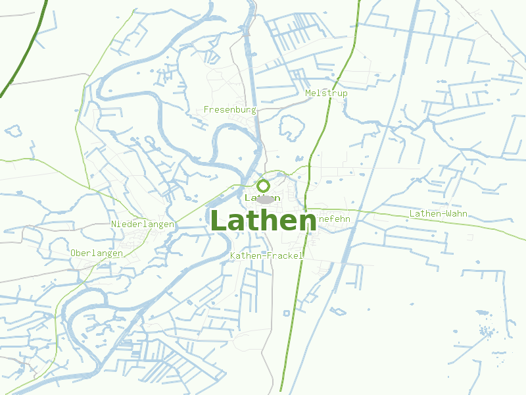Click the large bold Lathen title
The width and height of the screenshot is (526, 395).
[263, 221]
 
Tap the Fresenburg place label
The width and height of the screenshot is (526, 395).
[229, 109]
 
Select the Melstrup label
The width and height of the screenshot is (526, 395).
[326, 93]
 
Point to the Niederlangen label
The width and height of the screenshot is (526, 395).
[143, 224]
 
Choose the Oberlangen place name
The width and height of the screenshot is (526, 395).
[97, 253]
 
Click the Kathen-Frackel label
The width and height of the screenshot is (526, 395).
[267, 255]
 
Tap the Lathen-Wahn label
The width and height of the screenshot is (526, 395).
[439, 214]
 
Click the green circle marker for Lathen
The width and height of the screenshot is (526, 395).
[263, 185]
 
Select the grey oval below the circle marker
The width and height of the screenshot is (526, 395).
[265, 199]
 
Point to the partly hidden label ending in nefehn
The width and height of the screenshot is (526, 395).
[334, 218]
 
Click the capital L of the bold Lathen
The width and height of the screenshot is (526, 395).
[218, 221]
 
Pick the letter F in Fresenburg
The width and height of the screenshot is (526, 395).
[207, 109]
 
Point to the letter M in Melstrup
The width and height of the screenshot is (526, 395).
[308, 93]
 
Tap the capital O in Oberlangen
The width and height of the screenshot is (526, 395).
[73, 253]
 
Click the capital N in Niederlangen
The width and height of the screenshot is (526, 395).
[114, 224]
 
